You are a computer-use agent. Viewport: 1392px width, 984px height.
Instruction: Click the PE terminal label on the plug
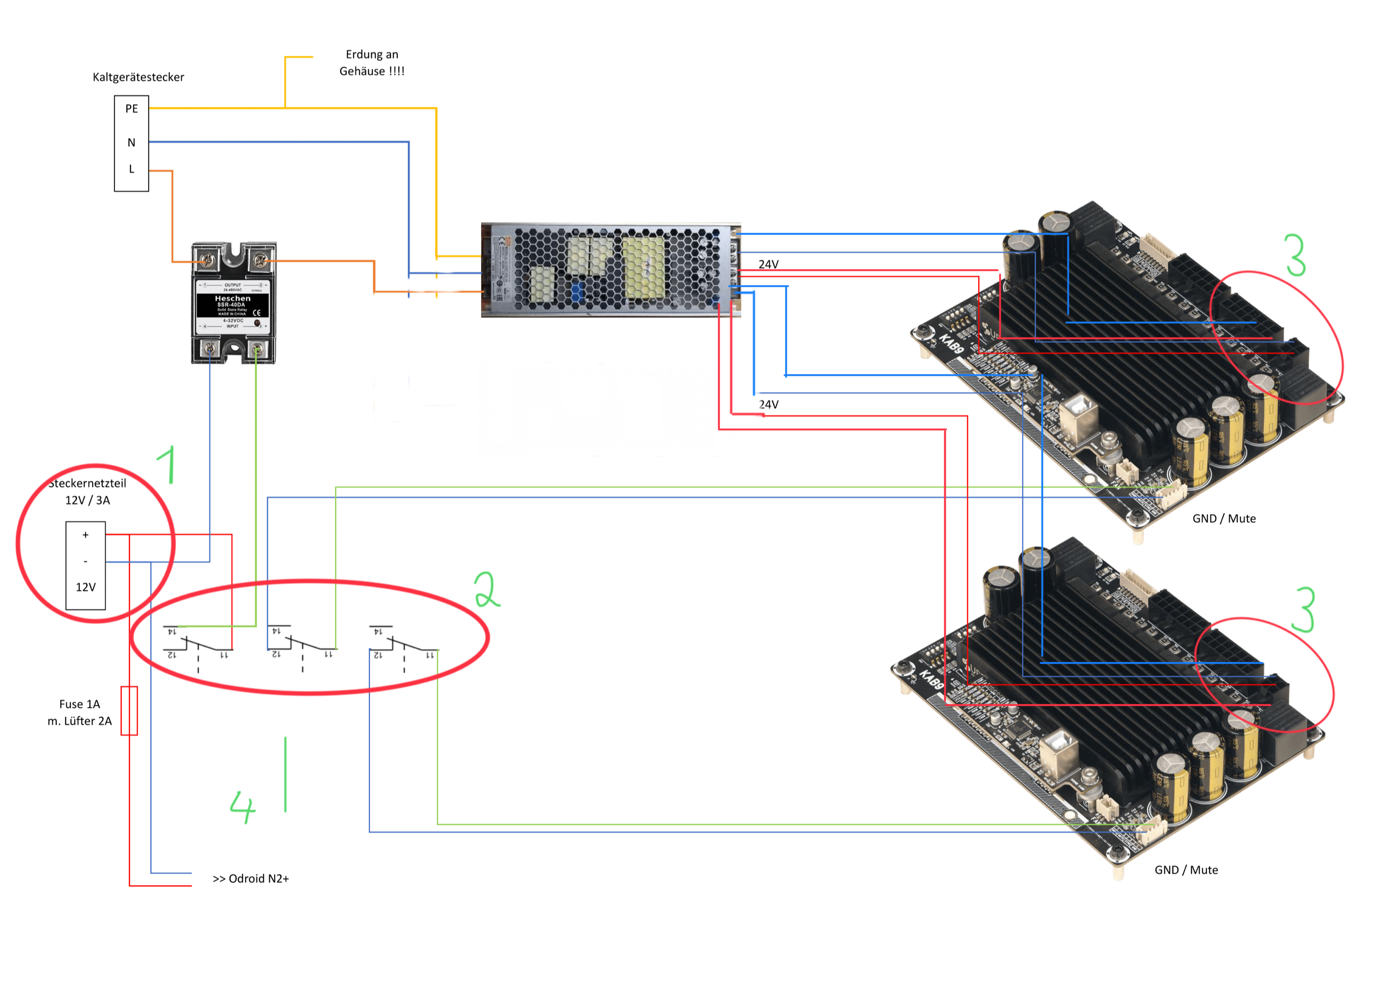point(132,108)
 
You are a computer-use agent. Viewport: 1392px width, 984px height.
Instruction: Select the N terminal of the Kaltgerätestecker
point(132,143)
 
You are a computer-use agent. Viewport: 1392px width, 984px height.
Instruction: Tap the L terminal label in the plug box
point(132,169)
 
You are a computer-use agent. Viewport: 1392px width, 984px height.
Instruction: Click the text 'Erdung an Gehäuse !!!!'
point(372,63)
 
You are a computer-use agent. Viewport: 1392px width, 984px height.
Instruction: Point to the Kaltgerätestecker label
point(138,77)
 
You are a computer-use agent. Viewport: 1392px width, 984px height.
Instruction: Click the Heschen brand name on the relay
point(232,298)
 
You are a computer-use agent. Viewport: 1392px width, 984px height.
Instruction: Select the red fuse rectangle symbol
point(129,711)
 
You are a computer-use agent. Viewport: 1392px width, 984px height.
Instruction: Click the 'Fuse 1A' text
point(79,704)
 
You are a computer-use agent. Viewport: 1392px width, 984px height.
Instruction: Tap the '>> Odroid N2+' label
point(250,879)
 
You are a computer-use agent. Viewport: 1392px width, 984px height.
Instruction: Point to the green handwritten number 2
point(486,590)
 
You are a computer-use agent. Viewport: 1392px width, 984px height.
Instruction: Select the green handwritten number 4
point(243,806)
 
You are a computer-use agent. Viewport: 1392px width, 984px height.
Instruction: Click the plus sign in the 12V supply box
point(86,535)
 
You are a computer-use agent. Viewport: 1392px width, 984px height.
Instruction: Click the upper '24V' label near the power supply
point(768,264)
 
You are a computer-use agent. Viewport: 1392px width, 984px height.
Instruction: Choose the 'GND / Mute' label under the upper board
point(1224,518)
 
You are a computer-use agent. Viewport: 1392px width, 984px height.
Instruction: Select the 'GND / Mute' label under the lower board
point(1186,870)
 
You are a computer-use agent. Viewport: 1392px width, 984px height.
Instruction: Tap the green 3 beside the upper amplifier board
point(1295,255)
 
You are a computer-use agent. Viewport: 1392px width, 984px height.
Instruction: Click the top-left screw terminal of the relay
point(207,261)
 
